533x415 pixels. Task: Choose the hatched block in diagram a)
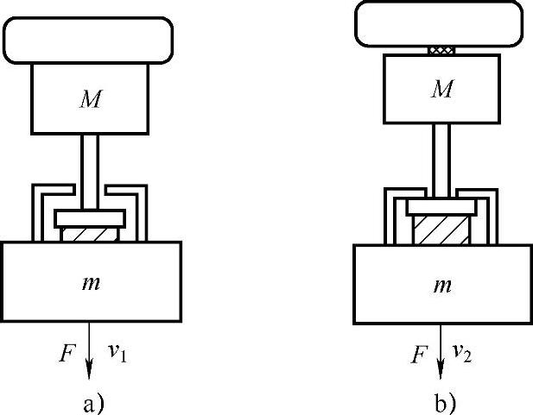click(90, 234)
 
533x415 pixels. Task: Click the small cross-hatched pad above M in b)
click(443, 51)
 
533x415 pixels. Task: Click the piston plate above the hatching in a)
click(90, 217)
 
